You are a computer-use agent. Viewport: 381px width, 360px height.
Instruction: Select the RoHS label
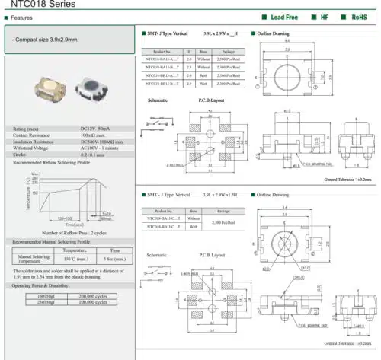pyautogui.click(x=357, y=16)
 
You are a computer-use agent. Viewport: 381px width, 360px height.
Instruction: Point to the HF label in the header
pyautogui.click(x=324, y=16)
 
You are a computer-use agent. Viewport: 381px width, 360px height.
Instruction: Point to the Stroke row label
pyautogui.click(x=22, y=155)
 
